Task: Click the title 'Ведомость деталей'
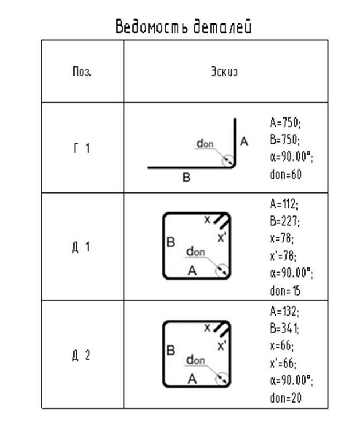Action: [x=183, y=26]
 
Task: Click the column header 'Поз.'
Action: [x=82, y=72]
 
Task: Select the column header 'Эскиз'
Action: [x=224, y=72]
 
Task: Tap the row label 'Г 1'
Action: [x=81, y=148]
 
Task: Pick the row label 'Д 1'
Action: [x=81, y=247]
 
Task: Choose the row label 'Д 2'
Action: [x=81, y=356]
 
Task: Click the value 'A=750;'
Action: [x=285, y=123]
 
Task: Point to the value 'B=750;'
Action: [x=285, y=139]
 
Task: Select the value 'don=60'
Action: [x=285, y=174]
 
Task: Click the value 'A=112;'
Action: [x=284, y=204]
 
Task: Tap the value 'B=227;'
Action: [x=285, y=221]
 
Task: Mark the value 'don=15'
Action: [x=285, y=291]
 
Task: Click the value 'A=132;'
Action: [x=284, y=312]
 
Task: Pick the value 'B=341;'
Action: [x=284, y=329]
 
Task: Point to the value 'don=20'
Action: [x=285, y=398]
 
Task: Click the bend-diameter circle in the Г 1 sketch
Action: [x=222, y=160]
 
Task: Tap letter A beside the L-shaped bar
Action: [x=244, y=141]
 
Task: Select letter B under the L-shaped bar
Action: [x=187, y=178]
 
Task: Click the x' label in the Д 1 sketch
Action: [x=222, y=238]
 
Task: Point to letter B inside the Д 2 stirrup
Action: [x=171, y=351]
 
